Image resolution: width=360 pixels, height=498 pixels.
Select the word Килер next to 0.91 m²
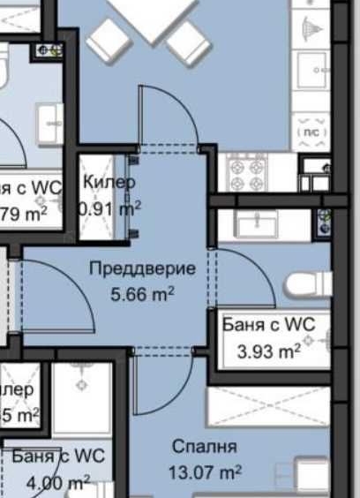coord(109,183)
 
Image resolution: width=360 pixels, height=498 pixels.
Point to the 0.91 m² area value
coord(110,209)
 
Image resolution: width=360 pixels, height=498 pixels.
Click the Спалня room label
coord(204,447)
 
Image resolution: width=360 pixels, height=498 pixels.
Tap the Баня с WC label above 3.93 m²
coord(262,325)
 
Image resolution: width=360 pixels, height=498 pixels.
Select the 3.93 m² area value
coord(269,351)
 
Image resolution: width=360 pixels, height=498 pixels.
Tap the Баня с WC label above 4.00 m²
coord(58,456)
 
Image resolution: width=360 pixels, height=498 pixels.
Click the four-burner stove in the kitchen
coord(247,171)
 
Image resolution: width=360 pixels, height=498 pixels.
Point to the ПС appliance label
coord(311,131)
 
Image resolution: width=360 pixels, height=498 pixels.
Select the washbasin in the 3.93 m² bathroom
coord(257,225)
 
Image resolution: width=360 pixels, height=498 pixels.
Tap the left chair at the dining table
coord(109,40)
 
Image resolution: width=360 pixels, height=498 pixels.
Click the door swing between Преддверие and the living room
coord(168,115)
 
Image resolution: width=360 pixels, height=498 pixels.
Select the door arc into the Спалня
coord(159,389)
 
